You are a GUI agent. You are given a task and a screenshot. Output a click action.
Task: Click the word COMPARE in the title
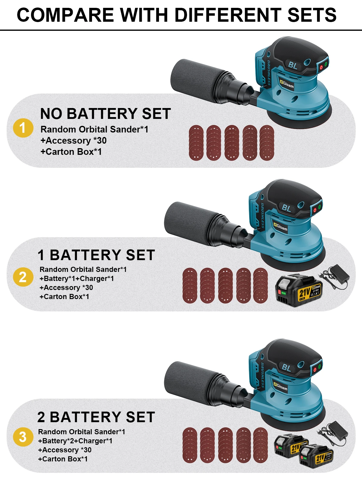[65, 15]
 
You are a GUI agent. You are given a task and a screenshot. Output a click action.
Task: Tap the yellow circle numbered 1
[23, 128]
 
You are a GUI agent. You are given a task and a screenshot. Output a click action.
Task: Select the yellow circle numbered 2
[23, 277]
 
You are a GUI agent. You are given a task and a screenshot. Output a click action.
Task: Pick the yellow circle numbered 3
[23, 437]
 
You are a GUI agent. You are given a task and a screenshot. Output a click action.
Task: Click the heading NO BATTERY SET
[106, 114]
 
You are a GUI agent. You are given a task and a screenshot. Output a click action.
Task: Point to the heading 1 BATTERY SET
[96, 255]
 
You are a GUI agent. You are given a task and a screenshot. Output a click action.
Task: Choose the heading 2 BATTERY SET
[96, 417]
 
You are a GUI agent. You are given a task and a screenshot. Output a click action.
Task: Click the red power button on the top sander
[321, 67]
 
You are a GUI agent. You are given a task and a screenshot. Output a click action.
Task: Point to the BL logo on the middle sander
[287, 208]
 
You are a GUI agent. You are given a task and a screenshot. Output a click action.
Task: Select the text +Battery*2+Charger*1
[75, 441]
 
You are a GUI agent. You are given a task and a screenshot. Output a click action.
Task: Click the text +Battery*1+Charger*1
[77, 279]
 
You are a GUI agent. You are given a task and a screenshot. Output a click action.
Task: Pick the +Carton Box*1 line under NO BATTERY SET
[71, 152]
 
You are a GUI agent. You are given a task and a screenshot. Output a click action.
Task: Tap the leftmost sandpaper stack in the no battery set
[196, 143]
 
